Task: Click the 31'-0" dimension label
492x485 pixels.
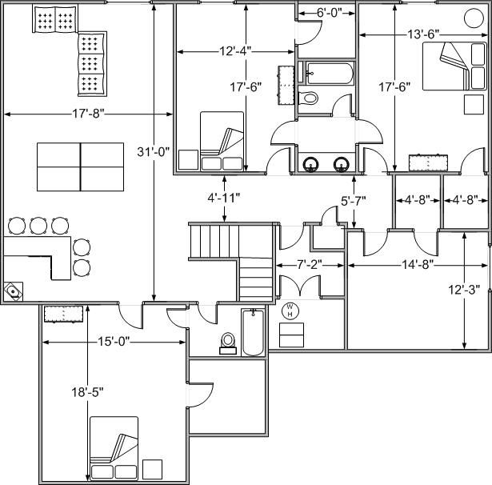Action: pyautogui.click(x=154, y=152)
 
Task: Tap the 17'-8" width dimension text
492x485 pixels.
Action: pyautogui.click(x=88, y=114)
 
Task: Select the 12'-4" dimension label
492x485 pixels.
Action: pyautogui.click(x=235, y=51)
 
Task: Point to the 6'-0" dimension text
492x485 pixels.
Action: pyautogui.click(x=329, y=13)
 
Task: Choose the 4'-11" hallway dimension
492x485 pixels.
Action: pyautogui.click(x=224, y=198)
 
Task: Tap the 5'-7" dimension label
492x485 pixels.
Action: pyautogui.click(x=354, y=201)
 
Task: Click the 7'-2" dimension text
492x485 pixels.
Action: pyautogui.click(x=310, y=265)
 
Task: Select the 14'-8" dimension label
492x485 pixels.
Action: pyautogui.click(x=418, y=265)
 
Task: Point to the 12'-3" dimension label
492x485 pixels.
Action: pyautogui.click(x=464, y=290)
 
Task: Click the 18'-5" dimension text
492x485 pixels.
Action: pyautogui.click(x=87, y=392)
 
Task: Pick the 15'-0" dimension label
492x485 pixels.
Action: pyautogui.click(x=114, y=341)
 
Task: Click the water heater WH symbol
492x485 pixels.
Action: pyautogui.click(x=290, y=311)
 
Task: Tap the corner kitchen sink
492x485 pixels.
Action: pyautogui.click(x=13, y=291)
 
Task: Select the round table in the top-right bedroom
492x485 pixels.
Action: pyautogui.click(x=474, y=18)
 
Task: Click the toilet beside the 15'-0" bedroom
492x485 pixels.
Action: pyautogui.click(x=227, y=343)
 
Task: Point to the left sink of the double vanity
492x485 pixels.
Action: pyautogui.click(x=310, y=165)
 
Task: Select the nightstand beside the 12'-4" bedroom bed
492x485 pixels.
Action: pyautogui.click(x=188, y=160)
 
